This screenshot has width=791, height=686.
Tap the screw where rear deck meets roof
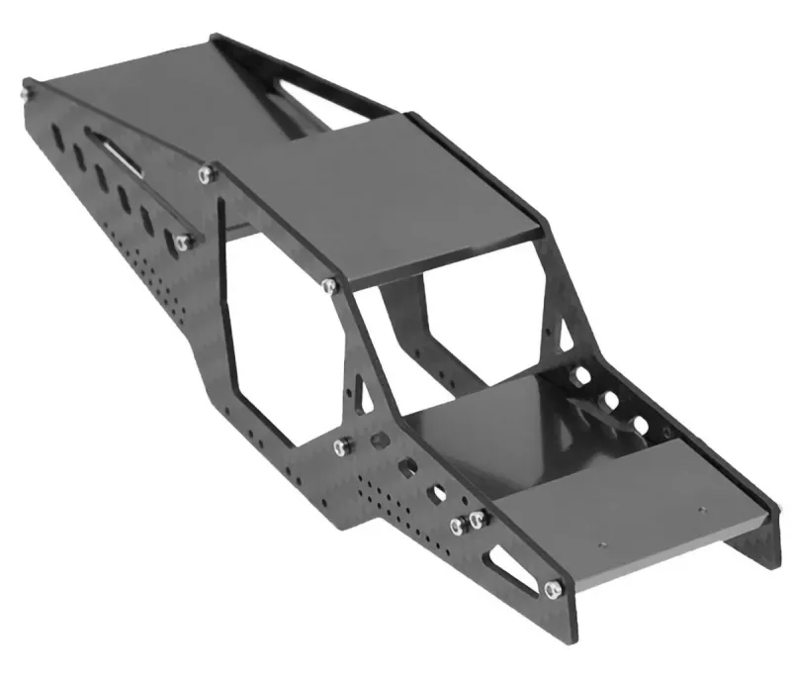[x=206, y=174]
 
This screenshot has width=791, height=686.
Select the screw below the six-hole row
[x=183, y=241]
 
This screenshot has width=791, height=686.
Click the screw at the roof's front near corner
[x=329, y=286]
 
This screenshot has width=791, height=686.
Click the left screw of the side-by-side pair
[x=458, y=525]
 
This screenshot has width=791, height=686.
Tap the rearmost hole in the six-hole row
[x=55, y=135]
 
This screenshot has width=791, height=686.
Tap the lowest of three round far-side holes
[x=640, y=427]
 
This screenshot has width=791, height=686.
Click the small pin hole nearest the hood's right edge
[x=700, y=511]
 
